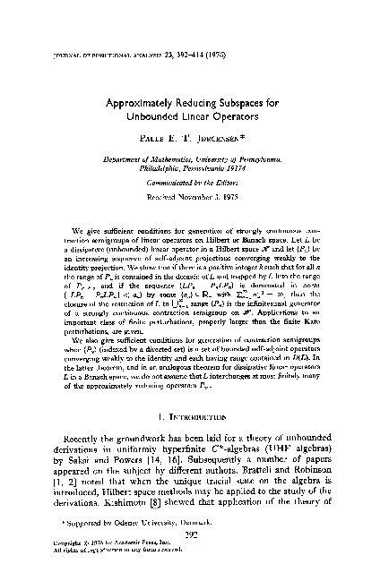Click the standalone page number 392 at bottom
[194, 556]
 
